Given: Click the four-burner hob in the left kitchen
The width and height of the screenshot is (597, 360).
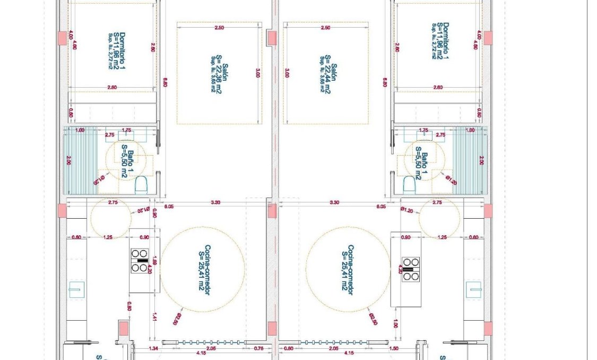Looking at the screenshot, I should (x=140, y=261).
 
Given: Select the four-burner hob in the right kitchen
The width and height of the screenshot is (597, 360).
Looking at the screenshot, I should (x=410, y=269).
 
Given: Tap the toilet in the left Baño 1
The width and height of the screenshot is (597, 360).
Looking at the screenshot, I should (x=141, y=184).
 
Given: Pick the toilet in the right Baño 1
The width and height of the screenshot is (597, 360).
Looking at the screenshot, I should (x=409, y=184).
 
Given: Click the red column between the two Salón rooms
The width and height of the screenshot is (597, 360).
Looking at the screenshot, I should (x=272, y=38).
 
